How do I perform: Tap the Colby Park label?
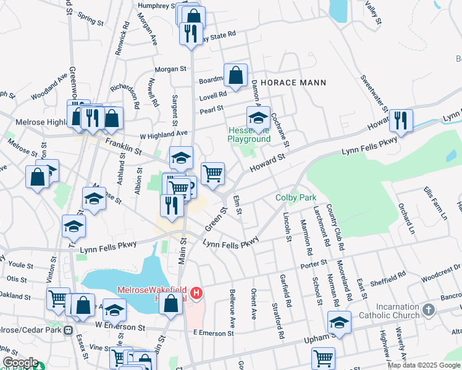tap(296, 197)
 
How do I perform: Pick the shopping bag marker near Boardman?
tap(236, 76)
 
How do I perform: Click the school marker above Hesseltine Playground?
tap(259, 117)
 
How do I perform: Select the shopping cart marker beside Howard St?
tap(212, 173)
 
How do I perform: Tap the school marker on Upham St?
tap(339, 322)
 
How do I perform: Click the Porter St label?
tap(313, 264)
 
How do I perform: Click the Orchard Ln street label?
tap(405, 215)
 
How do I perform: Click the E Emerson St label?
tap(213, 333)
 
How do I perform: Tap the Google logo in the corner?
tap(20, 363)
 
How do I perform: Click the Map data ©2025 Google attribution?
tap(424, 365)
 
